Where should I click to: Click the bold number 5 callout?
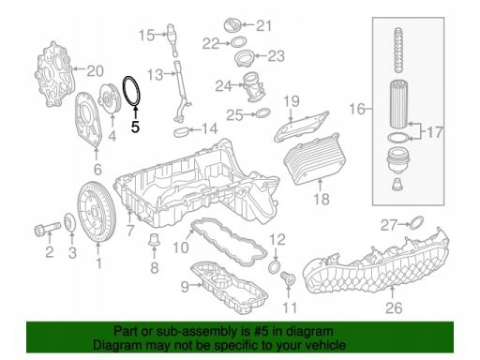click(135, 127)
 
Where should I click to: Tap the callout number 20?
click(95, 71)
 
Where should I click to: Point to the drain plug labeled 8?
click(154, 239)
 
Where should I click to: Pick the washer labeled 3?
click(70, 223)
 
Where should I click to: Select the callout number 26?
click(394, 307)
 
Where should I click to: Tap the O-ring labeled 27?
click(416, 222)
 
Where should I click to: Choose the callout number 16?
click(357, 109)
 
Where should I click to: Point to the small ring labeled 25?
click(263, 112)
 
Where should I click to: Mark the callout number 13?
click(155, 75)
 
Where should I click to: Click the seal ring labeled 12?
click(275, 267)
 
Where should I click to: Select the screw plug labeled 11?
click(287, 278)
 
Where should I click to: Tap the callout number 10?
click(181, 247)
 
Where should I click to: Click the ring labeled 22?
click(239, 42)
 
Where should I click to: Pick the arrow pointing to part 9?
click(196, 285)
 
